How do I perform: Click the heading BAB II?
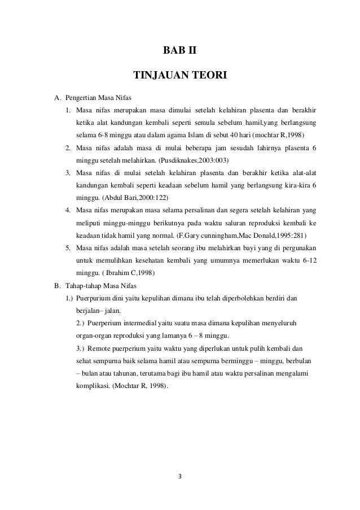(x=180, y=53)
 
